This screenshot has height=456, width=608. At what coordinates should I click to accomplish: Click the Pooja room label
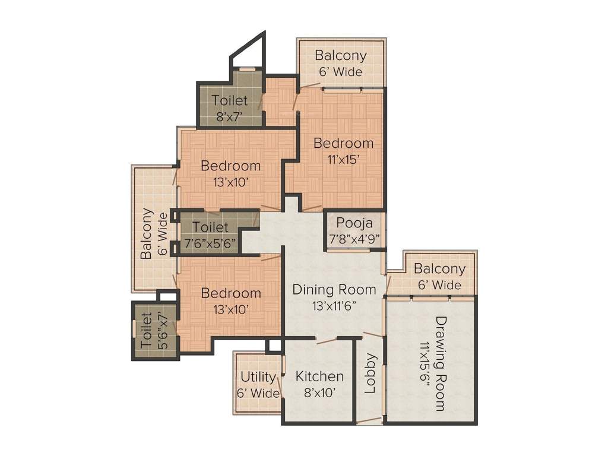pyautogui.click(x=354, y=223)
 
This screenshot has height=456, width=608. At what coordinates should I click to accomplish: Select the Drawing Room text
pyautogui.click(x=440, y=363)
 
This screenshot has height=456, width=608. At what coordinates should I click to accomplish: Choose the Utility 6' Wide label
pyautogui.click(x=258, y=385)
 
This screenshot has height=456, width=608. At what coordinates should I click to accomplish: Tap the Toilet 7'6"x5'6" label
pyautogui.click(x=210, y=235)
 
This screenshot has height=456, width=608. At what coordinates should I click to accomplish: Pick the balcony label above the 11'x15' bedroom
pyautogui.click(x=341, y=63)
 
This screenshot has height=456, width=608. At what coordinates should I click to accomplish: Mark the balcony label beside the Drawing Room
pyautogui.click(x=439, y=276)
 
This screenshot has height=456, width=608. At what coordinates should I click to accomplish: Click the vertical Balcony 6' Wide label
pyautogui.click(x=153, y=233)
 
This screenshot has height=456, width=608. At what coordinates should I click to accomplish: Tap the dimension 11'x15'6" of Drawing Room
pyautogui.click(x=425, y=363)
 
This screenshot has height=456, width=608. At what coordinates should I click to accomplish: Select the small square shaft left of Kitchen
pyautogui.click(x=274, y=345)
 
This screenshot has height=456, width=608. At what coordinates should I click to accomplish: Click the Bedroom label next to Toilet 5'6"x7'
pyautogui.click(x=230, y=300)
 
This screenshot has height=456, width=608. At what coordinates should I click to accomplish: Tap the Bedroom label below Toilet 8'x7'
pyautogui.click(x=230, y=173)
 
